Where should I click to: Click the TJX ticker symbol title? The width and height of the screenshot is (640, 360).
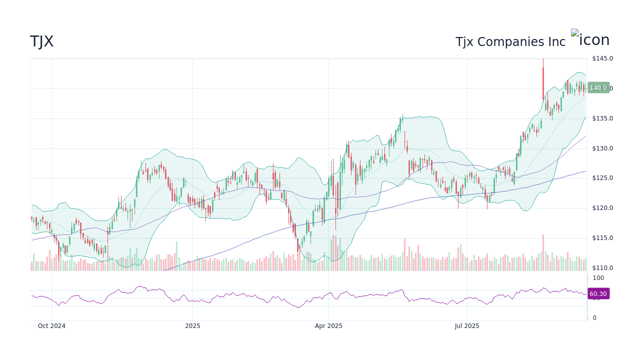(x=41, y=42)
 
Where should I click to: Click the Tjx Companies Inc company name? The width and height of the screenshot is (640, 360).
(x=510, y=42)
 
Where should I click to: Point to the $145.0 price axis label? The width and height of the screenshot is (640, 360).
(x=602, y=58)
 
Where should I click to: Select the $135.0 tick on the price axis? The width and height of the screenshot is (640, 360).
(x=602, y=118)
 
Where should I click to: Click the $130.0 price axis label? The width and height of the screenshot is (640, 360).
(x=602, y=148)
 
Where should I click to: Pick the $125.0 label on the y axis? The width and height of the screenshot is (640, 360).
(x=602, y=178)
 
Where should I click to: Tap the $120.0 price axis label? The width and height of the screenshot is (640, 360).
(x=602, y=208)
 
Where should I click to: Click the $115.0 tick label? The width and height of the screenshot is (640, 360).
(x=602, y=238)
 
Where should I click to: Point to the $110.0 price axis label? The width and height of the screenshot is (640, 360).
(x=602, y=268)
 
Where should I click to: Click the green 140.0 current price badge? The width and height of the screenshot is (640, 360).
(x=598, y=88)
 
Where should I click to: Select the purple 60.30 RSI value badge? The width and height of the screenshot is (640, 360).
(x=598, y=294)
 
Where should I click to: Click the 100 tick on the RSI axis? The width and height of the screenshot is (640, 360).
(x=598, y=278)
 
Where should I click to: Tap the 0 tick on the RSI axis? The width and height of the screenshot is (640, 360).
(x=594, y=318)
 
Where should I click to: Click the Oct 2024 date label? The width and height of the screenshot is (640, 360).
(x=51, y=326)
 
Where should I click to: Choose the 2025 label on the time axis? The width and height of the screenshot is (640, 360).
(x=192, y=326)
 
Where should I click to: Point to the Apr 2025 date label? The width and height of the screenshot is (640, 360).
(x=328, y=326)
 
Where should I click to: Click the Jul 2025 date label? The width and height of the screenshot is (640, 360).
(x=467, y=326)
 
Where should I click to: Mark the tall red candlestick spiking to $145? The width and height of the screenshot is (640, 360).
(x=543, y=80)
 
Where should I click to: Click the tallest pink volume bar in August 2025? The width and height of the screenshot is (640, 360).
(x=543, y=252)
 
